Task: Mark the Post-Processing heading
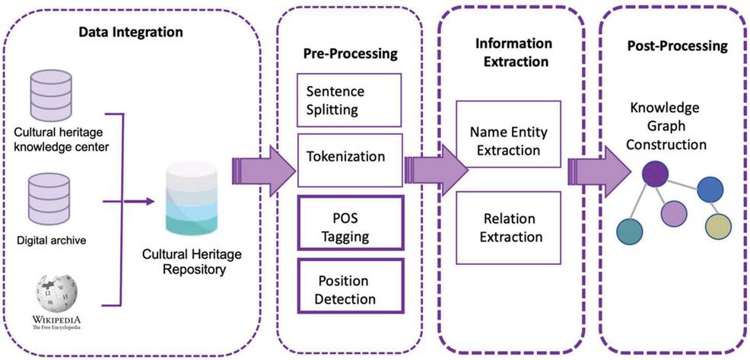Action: tap(676, 46)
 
